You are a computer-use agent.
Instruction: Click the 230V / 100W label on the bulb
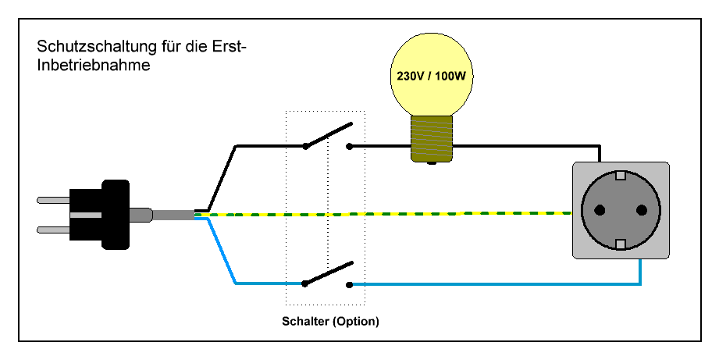[x=432, y=77]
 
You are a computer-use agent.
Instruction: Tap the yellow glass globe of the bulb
[x=432, y=55]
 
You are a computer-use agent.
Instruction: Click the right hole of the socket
[x=642, y=210]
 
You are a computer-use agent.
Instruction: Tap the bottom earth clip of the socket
[x=621, y=244]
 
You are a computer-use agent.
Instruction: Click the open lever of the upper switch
[x=328, y=135]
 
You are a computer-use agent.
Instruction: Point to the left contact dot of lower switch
[x=305, y=284]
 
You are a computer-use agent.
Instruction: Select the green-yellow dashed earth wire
[x=390, y=213]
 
